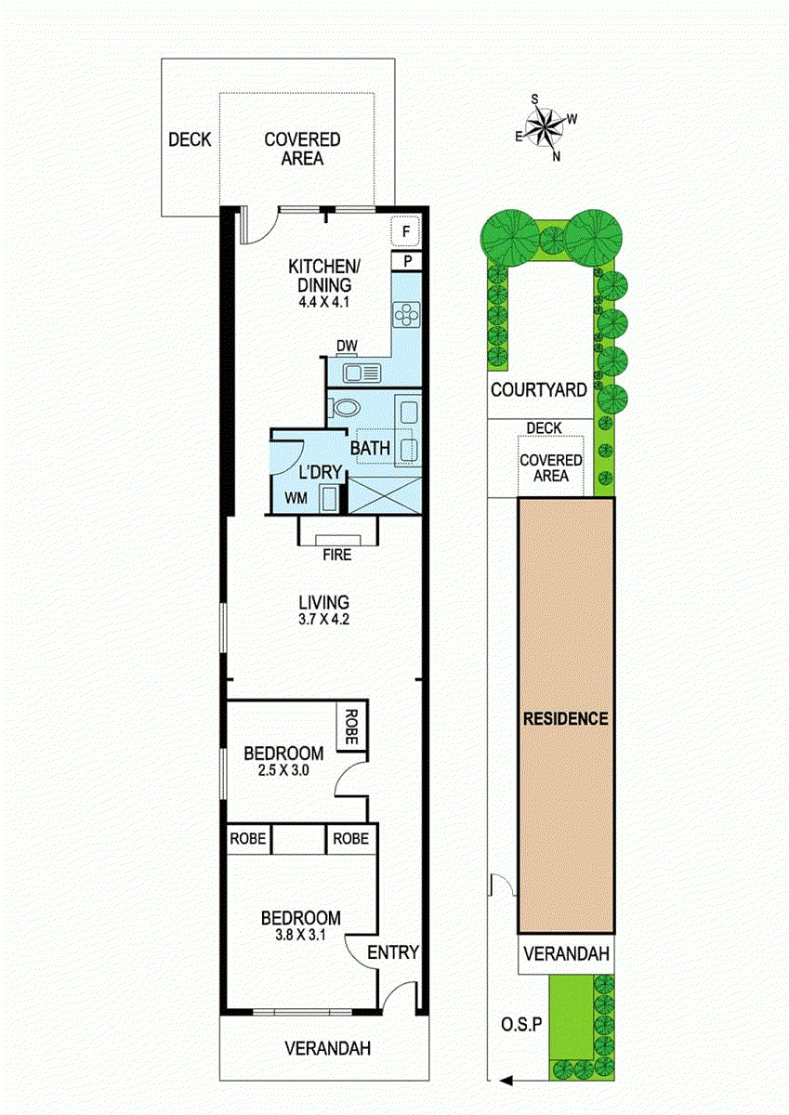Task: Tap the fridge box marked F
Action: pyautogui.click(x=406, y=229)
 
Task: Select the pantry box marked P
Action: pyautogui.click(x=406, y=261)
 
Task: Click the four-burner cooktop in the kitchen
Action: pyautogui.click(x=406, y=316)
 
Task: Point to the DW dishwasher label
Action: pyautogui.click(x=347, y=347)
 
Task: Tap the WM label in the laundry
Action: pyautogui.click(x=296, y=498)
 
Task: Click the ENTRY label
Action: pyautogui.click(x=393, y=952)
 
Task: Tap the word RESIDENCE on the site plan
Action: pyautogui.click(x=565, y=718)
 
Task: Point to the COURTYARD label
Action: pyautogui.click(x=539, y=390)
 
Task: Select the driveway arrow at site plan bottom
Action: pyautogui.click(x=506, y=1080)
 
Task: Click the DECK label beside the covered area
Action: pyautogui.click(x=190, y=140)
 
